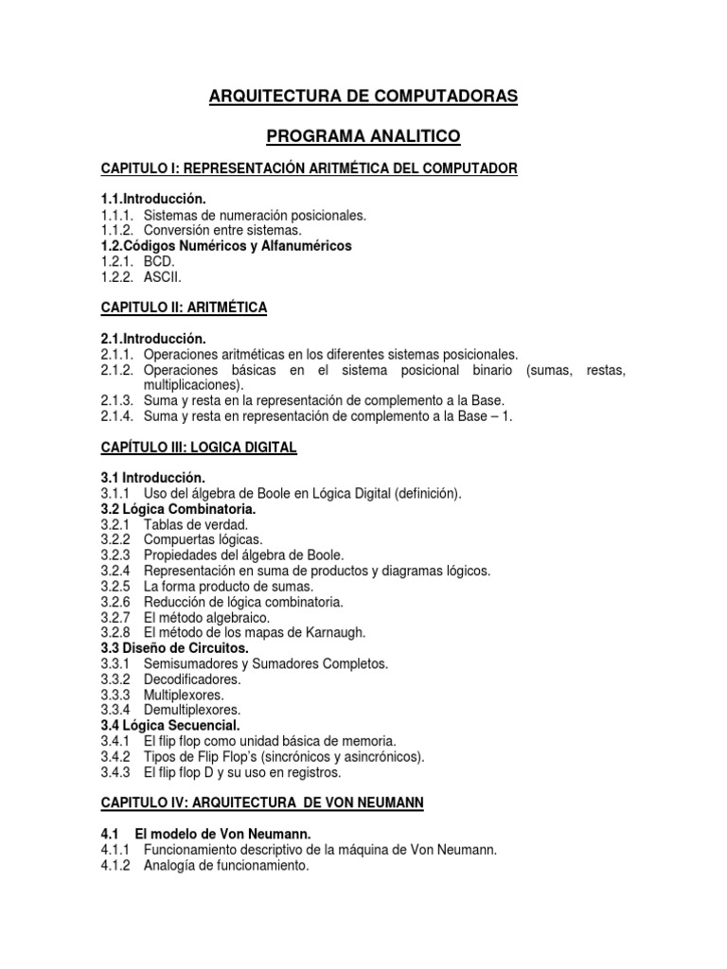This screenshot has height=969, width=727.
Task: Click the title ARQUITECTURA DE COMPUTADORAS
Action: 363,97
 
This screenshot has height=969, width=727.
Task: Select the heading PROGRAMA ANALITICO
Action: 363,137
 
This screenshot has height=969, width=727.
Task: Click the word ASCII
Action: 162,277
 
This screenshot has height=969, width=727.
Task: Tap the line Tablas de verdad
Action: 196,524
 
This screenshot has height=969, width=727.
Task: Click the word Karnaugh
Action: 333,632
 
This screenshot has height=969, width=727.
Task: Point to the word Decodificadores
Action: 192,678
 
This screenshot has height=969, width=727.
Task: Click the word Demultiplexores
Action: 191,710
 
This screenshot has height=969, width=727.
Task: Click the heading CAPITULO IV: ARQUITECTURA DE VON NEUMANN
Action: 262,802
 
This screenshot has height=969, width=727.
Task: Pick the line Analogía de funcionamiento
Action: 226,865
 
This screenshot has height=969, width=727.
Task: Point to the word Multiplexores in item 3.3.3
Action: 184,695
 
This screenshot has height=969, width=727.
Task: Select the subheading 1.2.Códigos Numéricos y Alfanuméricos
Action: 226,246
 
